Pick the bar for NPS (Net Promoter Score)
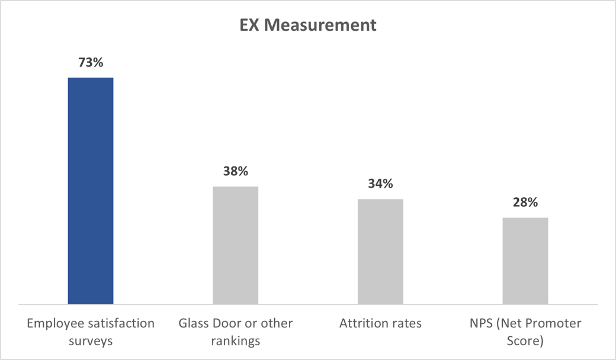525,261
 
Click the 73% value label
91,62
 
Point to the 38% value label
235,172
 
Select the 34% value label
380,184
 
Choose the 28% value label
525,202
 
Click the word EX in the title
251,25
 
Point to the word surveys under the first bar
91,342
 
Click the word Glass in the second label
193,324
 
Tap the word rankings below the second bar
235,342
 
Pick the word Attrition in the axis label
364,324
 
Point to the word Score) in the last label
525,342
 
